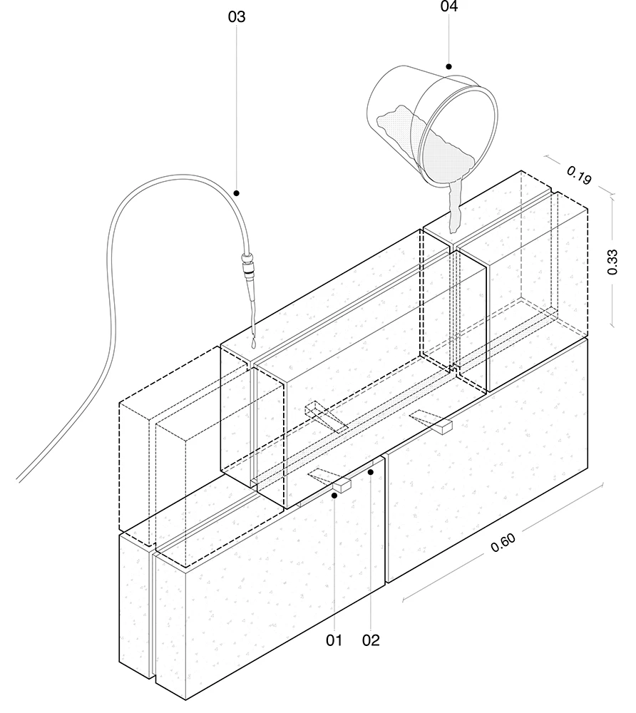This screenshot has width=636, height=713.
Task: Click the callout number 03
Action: point(237,17)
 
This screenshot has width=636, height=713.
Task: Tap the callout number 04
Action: point(448,6)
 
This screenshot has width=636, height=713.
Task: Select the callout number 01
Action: point(334,640)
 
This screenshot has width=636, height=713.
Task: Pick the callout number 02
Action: point(371,640)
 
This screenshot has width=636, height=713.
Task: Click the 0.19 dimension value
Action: point(579,175)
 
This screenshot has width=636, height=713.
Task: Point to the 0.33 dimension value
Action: point(612,262)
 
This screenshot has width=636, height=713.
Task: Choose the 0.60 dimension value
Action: point(503,543)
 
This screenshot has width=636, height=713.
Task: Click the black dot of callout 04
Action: point(448,66)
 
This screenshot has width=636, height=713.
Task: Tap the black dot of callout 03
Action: point(237,193)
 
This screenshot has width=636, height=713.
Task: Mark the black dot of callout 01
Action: point(334,496)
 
